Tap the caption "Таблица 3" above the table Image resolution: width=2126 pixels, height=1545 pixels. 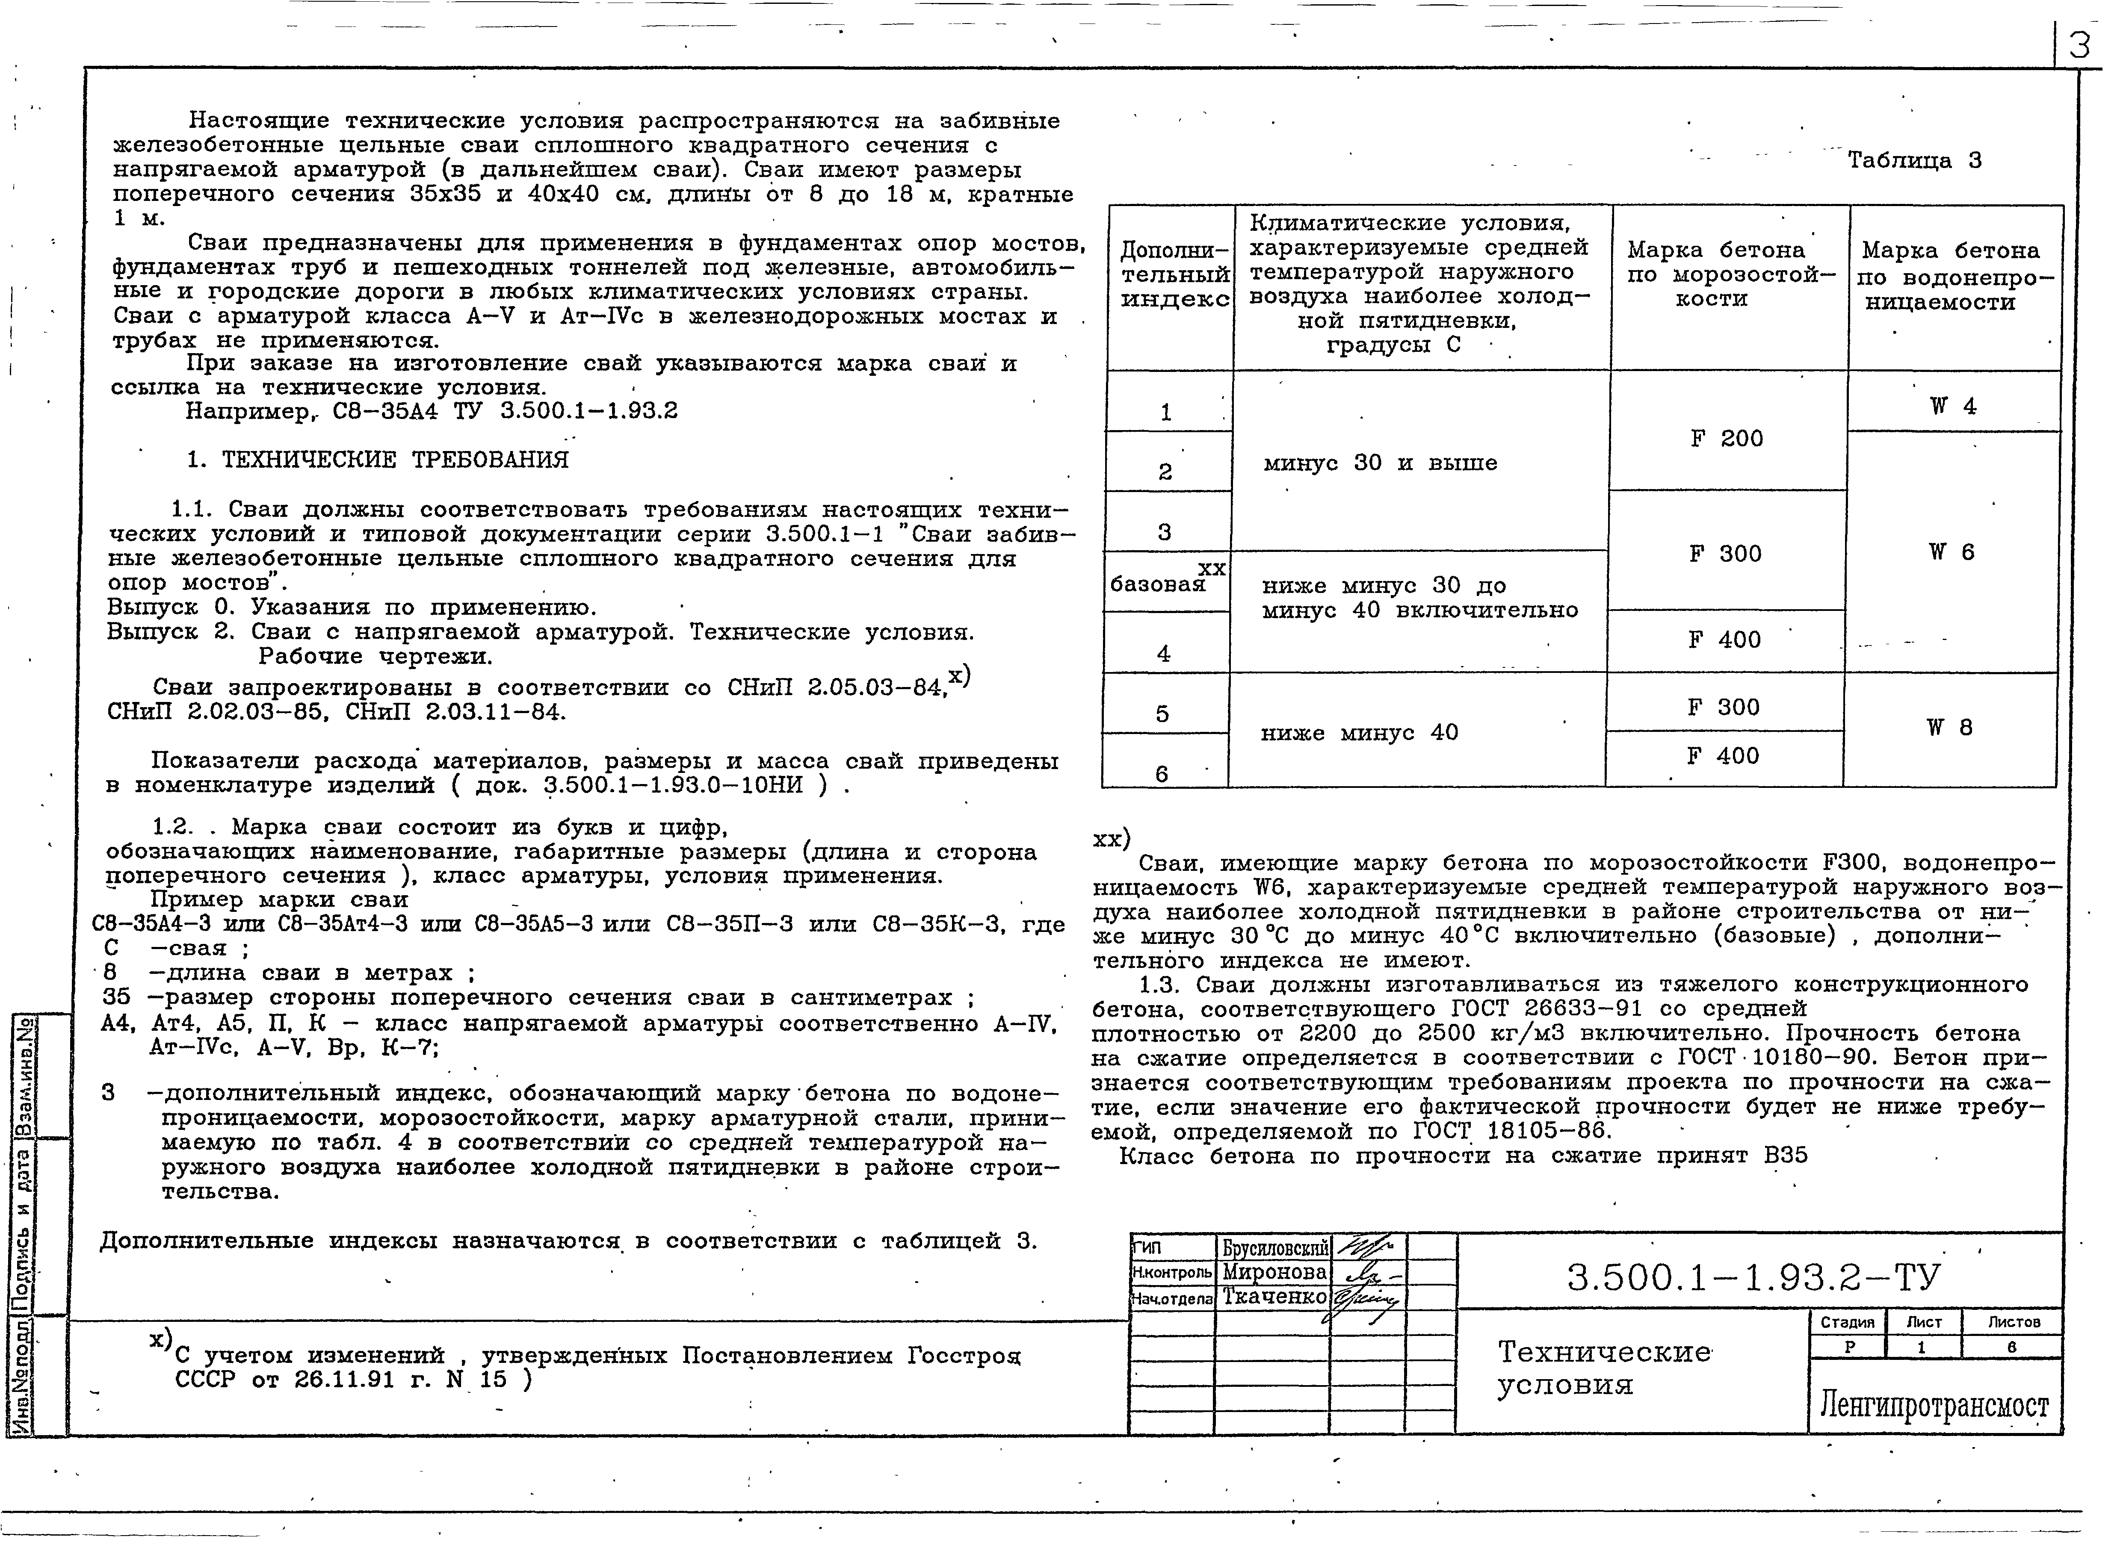coord(1914,160)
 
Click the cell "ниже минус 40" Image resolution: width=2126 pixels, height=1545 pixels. coord(1359,733)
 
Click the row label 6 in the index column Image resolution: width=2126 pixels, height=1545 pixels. coord(1162,774)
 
